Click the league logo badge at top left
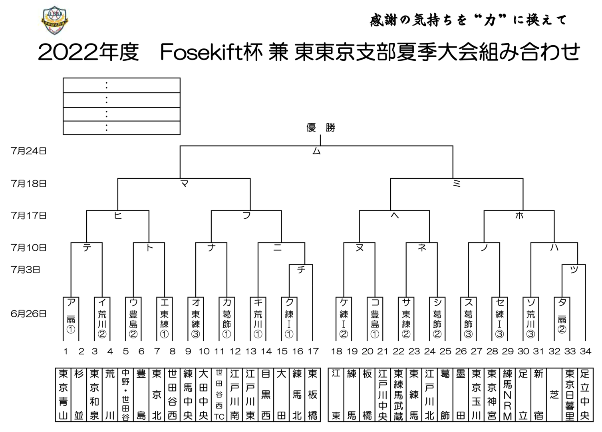55,20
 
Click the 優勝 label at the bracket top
321,127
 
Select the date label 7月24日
28,151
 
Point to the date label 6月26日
28,314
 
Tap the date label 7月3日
25,270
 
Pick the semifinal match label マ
185,184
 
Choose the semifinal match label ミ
457,184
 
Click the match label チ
301,270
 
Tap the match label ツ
574,270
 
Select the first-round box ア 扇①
71,319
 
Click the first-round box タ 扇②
562,319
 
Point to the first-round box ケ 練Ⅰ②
344,319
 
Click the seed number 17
313,351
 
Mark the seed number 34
586,351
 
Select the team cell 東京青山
63,394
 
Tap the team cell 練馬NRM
507,394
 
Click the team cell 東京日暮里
570,394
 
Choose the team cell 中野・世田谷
125,394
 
